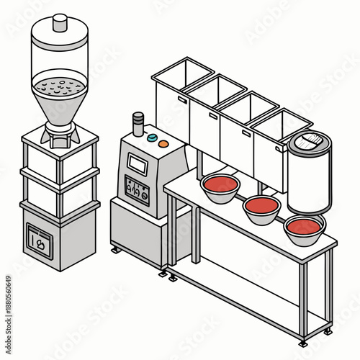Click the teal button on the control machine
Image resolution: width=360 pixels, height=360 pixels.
(152, 135)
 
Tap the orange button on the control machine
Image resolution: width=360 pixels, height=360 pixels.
(163, 143)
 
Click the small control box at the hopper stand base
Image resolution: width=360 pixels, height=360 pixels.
(38, 240)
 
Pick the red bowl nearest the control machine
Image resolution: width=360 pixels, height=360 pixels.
(221, 184)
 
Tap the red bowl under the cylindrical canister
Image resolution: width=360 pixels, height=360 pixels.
(304, 227)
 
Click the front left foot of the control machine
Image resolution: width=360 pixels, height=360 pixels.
(116, 250)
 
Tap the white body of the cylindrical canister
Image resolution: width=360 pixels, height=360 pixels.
(307, 180)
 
